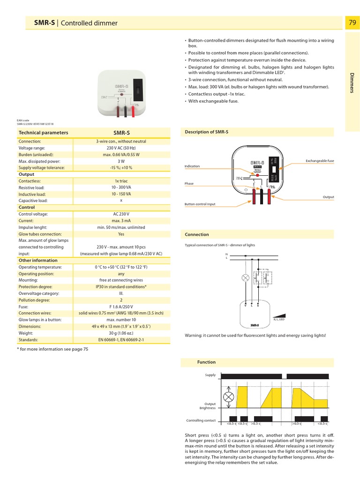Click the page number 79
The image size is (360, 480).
click(352, 22)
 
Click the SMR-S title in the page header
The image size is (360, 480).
click(44, 23)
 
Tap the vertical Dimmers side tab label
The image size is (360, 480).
click(352, 82)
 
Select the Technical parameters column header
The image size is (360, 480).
click(43, 133)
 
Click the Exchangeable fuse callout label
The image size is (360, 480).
click(320, 161)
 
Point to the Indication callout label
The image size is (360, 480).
click(192, 166)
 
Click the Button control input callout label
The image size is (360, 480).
click(200, 204)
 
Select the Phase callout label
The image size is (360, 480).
click(189, 184)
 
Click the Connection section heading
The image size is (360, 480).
click(197, 234)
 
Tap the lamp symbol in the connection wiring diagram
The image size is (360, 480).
click(245, 277)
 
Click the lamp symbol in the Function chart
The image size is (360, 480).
click(228, 397)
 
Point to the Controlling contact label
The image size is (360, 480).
click(201, 420)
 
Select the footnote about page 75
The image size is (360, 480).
click(52, 349)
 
